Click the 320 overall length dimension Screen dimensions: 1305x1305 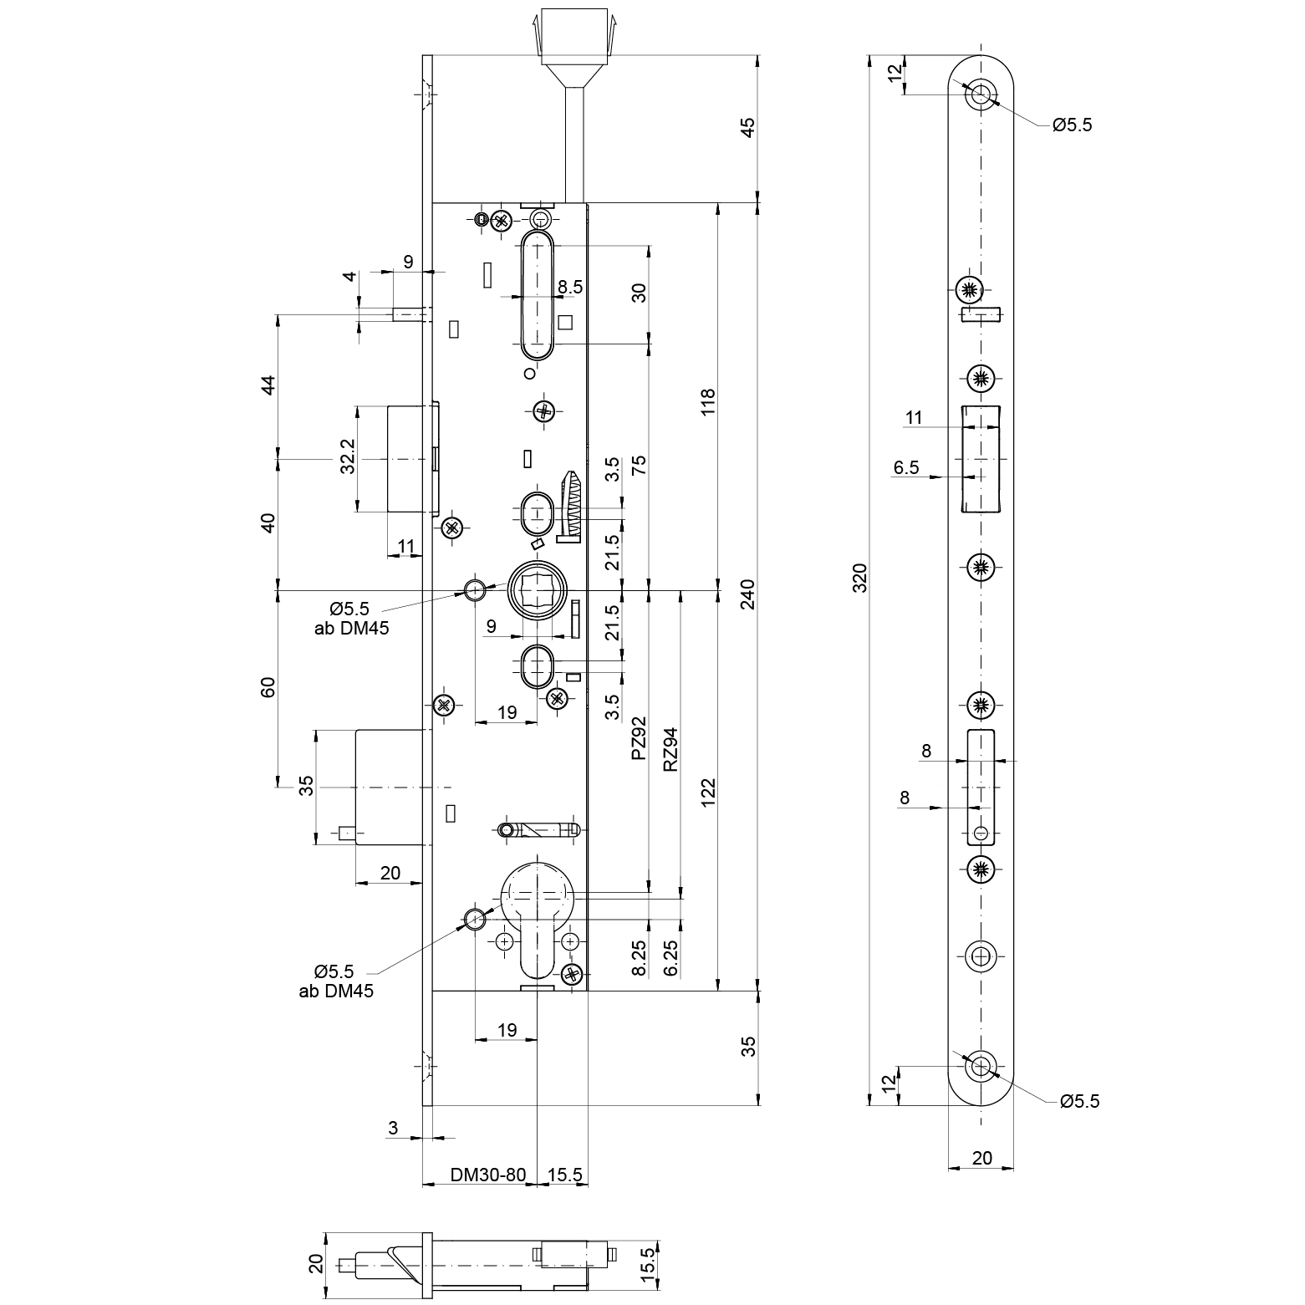[860, 578]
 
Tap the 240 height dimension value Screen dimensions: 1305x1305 [748, 594]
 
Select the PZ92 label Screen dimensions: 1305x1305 [639, 737]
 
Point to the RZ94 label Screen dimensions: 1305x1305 [670, 748]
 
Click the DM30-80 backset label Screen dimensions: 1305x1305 [488, 1175]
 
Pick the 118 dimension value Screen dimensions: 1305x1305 [708, 403]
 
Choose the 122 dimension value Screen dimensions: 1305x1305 [708, 793]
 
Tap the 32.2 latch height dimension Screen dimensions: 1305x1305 [349, 456]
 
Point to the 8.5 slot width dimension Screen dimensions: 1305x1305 [570, 287]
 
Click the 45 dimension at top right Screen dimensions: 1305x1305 [748, 127]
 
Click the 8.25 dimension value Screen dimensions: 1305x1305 [639, 957]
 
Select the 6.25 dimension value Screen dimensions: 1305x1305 [670, 957]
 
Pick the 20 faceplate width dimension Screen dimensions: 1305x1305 [982, 1158]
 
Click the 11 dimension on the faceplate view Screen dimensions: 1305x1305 [914, 417]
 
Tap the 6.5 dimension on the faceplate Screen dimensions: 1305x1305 [906, 467]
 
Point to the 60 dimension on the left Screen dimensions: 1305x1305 [268, 687]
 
